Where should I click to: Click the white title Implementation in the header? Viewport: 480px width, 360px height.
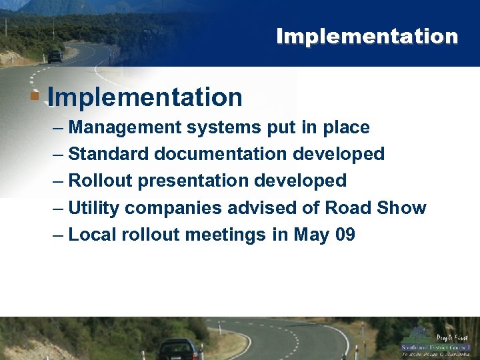(x=367, y=36)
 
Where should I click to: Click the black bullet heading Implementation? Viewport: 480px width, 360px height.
(x=145, y=97)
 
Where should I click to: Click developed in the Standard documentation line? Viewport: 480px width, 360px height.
(x=339, y=154)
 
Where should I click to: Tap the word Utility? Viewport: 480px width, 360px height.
(x=94, y=208)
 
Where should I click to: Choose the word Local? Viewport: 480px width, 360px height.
(x=89, y=235)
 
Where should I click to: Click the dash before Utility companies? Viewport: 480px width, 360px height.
(x=58, y=208)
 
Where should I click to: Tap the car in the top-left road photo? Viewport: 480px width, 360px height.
(x=55, y=57)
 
